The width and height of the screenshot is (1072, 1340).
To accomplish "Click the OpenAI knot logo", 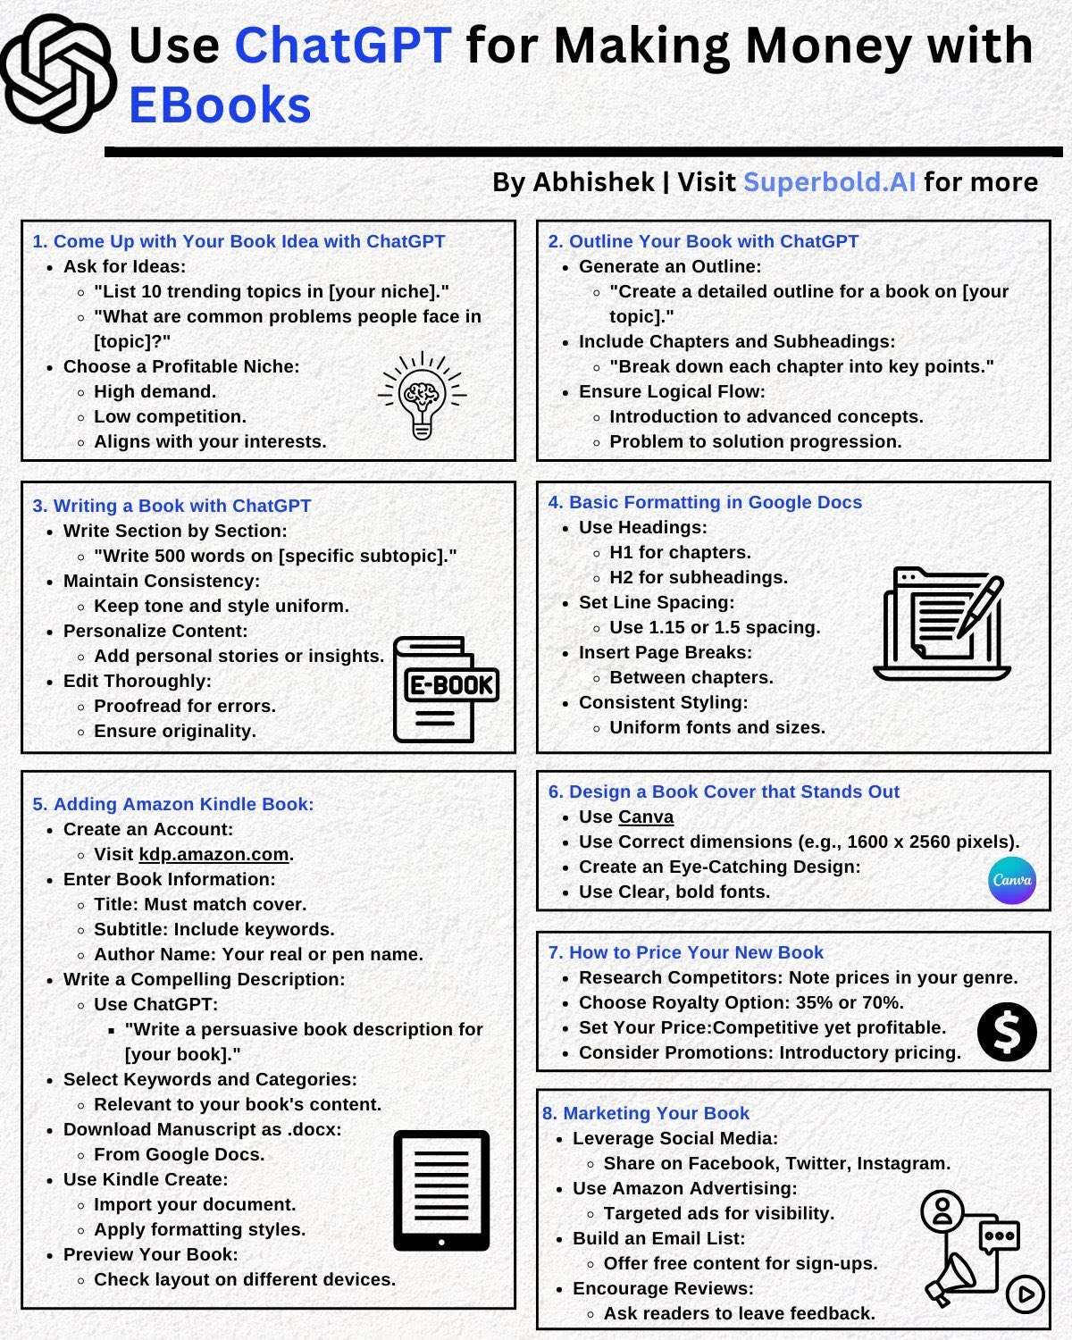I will [59, 73].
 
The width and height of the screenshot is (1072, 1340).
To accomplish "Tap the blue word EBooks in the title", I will [220, 105].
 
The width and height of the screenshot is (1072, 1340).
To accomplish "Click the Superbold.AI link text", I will [829, 182].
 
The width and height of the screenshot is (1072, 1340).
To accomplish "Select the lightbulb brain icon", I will [423, 395].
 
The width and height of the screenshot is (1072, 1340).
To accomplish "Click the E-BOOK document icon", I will [445, 689].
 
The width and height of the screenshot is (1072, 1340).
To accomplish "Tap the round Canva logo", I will [1012, 880].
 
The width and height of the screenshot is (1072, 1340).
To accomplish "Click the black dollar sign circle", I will [1007, 1031].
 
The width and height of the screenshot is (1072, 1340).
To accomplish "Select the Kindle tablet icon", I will [441, 1190].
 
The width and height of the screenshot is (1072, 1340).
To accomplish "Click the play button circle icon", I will [1025, 1294].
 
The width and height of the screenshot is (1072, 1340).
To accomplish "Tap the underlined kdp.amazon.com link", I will [214, 854].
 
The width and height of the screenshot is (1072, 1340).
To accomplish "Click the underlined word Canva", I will [645, 817].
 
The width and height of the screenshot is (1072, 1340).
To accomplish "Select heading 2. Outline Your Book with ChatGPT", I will [703, 241].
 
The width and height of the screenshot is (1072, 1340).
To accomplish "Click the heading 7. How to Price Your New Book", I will [685, 952].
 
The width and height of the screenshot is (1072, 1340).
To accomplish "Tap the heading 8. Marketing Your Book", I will [645, 1113].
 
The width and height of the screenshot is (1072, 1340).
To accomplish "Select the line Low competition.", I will [170, 416].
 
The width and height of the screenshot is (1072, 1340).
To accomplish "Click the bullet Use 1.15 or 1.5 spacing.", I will [714, 627].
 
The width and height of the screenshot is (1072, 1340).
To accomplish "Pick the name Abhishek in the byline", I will [593, 182].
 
